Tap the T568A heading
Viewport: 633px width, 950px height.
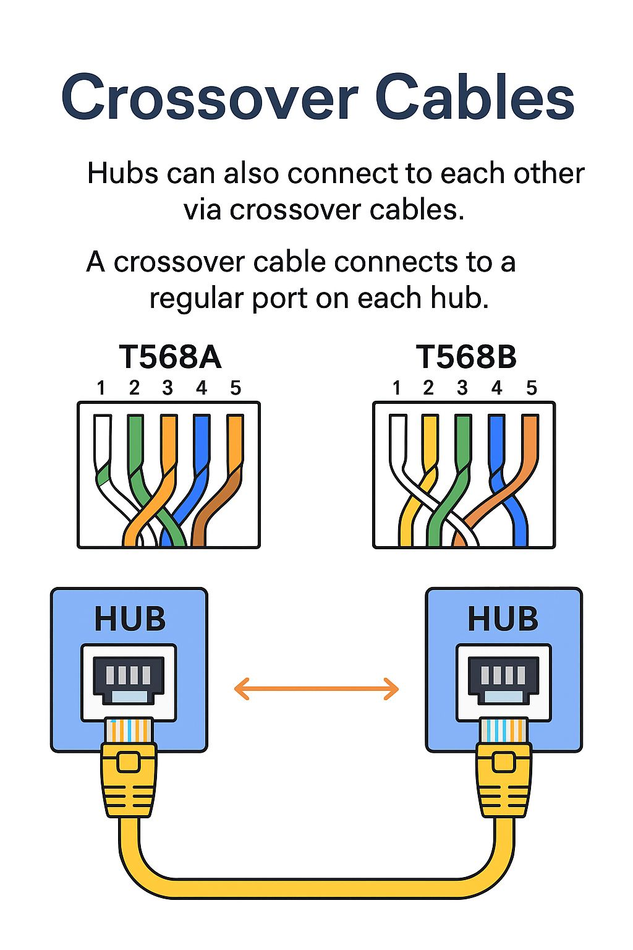coord(170,357)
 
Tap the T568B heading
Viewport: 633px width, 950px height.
coord(466,357)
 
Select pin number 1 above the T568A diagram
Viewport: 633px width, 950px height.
coord(101,388)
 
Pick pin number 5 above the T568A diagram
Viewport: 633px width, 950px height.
coord(235,388)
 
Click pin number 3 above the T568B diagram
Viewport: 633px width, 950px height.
coord(462,388)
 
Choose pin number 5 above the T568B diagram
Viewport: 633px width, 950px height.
coord(531,388)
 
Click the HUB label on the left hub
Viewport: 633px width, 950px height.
coord(130,619)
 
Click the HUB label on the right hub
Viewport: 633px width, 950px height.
coord(503,619)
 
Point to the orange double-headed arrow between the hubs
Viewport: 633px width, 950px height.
coord(316,688)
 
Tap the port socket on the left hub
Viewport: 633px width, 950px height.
coord(129,680)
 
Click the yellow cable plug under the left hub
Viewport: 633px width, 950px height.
coord(129,779)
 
